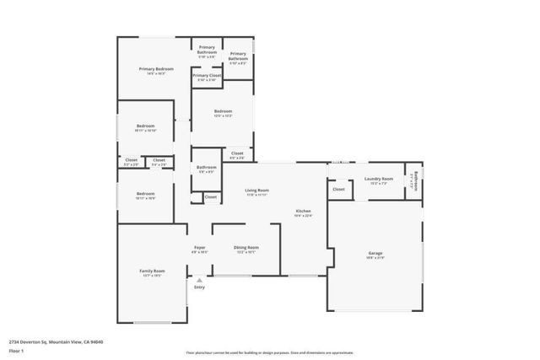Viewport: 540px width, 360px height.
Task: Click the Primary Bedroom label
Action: click(x=156, y=68)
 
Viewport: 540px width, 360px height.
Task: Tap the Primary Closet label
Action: click(x=207, y=75)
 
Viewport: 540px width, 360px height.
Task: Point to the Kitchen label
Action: click(x=304, y=210)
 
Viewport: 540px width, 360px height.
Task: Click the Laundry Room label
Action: click(x=379, y=179)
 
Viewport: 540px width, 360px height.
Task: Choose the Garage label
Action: click(x=375, y=253)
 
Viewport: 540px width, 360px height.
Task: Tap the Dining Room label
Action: click(x=246, y=246)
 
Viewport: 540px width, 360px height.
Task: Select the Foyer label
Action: click(x=199, y=246)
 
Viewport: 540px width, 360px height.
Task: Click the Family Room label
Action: click(x=152, y=270)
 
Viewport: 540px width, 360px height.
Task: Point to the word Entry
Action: click(x=199, y=287)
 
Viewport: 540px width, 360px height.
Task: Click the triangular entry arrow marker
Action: click(x=199, y=279)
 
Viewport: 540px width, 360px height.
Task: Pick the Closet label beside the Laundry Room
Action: click(x=338, y=190)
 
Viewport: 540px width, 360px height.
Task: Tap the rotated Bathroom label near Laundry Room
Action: click(x=413, y=180)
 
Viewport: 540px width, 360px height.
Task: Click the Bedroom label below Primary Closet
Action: click(x=223, y=111)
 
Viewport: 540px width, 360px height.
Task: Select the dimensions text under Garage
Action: click(x=375, y=258)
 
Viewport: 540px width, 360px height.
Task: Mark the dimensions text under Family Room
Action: click(x=152, y=275)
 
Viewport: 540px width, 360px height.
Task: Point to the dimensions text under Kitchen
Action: click(x=304, y=215)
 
